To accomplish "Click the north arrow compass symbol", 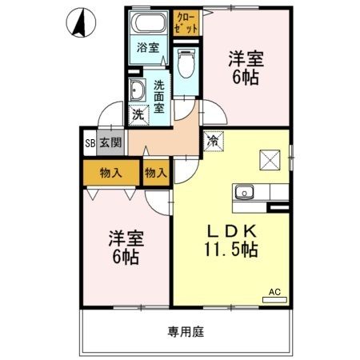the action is [81, 22].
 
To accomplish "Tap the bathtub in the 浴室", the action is [149, 22].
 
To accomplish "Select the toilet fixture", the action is [186, 63].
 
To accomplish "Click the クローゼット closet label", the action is [186, 23].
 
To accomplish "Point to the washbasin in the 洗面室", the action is [137, 90].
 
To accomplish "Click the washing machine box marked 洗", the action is [138, 115].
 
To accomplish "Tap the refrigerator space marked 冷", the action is [214, 141].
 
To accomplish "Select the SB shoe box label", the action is [90, 143].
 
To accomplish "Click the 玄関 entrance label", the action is [110, 143].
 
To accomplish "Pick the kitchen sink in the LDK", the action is [244, 192].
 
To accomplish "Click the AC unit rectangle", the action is [274, 300].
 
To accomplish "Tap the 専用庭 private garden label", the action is [186, 332].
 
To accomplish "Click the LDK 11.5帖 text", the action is [231, 241].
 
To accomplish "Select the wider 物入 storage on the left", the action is [111, 173].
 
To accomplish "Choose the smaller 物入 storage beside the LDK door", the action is [156, 173].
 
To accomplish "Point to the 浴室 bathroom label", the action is [148, 47].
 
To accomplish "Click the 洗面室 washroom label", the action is [159, 97].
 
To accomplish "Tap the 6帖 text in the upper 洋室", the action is [246, 78].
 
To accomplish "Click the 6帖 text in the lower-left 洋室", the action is [126, 257].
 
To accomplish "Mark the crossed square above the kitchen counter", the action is [270, 160].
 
